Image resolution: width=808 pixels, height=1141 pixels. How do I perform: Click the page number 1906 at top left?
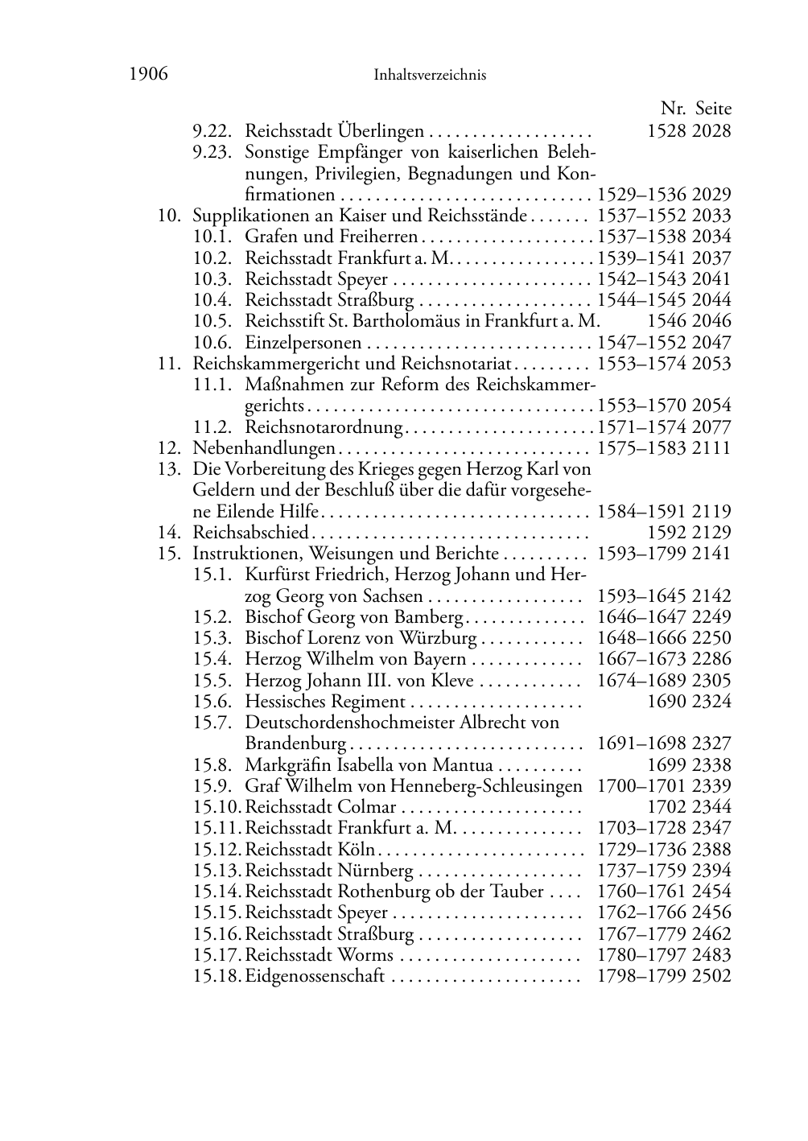(148, 75)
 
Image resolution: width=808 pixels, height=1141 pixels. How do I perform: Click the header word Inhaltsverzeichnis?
(430, 76)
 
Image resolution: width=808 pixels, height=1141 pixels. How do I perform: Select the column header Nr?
(673, 109)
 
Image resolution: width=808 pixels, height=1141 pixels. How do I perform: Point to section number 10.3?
(212, 279)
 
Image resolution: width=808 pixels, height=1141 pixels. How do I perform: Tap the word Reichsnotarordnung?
(323, 426)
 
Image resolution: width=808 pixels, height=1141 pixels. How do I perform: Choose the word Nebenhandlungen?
(263, 448)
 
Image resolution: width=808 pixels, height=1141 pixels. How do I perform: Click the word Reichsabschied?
(250, 532)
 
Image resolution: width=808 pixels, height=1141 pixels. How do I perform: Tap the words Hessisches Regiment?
(324, 702)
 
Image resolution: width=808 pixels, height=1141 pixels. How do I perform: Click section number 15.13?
(217, 870)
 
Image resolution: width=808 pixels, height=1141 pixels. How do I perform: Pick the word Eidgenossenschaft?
(315, 976)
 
